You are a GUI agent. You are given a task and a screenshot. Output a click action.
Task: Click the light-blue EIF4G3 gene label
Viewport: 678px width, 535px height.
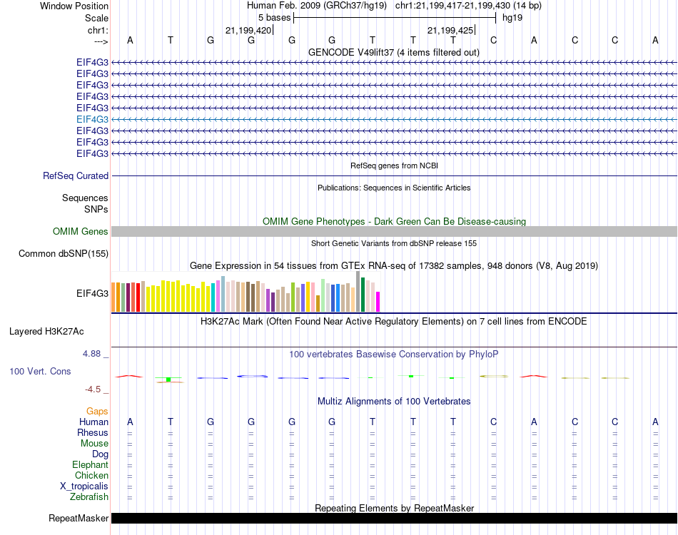(x=92, y=119)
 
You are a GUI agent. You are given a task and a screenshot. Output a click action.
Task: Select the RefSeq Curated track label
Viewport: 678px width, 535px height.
(x=76, y=176)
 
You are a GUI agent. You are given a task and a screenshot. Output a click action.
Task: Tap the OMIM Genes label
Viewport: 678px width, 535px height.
(x=81, y=232)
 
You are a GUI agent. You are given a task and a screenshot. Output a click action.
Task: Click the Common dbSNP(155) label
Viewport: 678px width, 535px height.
(x=64, y=254)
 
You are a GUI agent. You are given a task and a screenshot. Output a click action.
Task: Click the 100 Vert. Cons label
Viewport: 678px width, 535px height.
(x=41, y=372)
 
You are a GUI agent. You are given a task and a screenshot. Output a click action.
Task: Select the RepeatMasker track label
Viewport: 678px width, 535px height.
(x=79, y=519)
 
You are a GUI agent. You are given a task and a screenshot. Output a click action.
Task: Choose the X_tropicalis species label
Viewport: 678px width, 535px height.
(x=84, y=486)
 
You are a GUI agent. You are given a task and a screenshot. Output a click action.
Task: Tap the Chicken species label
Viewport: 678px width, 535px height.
(x=92, y=476)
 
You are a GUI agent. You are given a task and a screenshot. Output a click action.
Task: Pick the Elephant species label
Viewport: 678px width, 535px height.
(x=91, y=465)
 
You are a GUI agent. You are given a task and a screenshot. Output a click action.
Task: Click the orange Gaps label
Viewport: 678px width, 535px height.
(x=97, y=412)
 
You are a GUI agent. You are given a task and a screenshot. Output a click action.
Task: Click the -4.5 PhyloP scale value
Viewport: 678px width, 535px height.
(x=93, y=389)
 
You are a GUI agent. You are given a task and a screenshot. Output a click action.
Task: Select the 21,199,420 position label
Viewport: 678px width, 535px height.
(x=248, y=31)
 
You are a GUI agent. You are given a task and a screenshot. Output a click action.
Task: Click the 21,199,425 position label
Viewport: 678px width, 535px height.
(x=450, y=31)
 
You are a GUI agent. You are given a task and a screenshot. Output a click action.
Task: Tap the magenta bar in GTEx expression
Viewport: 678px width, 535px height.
(x=378, y=302)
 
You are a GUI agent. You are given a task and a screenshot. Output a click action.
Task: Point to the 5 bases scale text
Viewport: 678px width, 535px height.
(x=274, y=18)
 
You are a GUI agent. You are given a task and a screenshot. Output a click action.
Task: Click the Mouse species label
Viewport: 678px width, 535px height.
(x=95, y=444)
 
